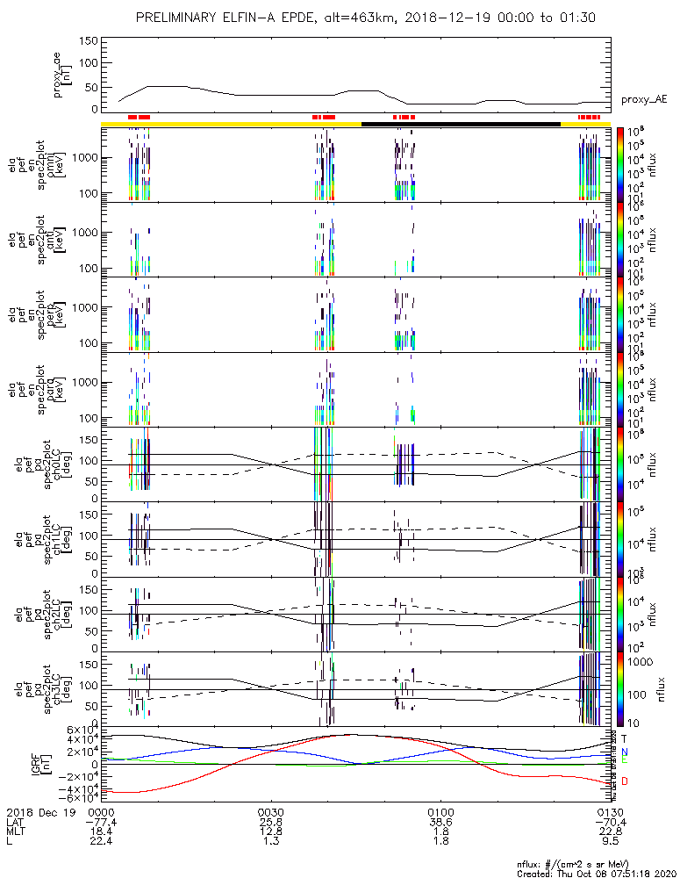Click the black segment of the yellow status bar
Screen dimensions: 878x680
click(x=461, y=124)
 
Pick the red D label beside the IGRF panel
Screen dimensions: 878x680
click(x=625, y=781)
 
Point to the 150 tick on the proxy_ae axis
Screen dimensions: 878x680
click(x=87, y=41)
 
